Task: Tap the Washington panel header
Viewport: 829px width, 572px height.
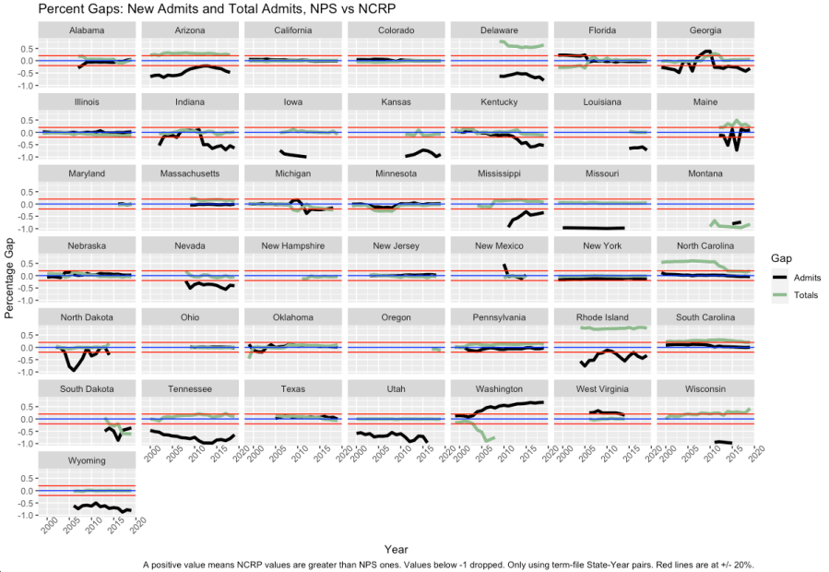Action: tap(500, 389)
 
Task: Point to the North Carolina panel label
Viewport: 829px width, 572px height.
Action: tap(705, 245)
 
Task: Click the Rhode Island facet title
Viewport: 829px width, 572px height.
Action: tap(602, 317)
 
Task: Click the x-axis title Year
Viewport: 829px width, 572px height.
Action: tap(397, 550)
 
